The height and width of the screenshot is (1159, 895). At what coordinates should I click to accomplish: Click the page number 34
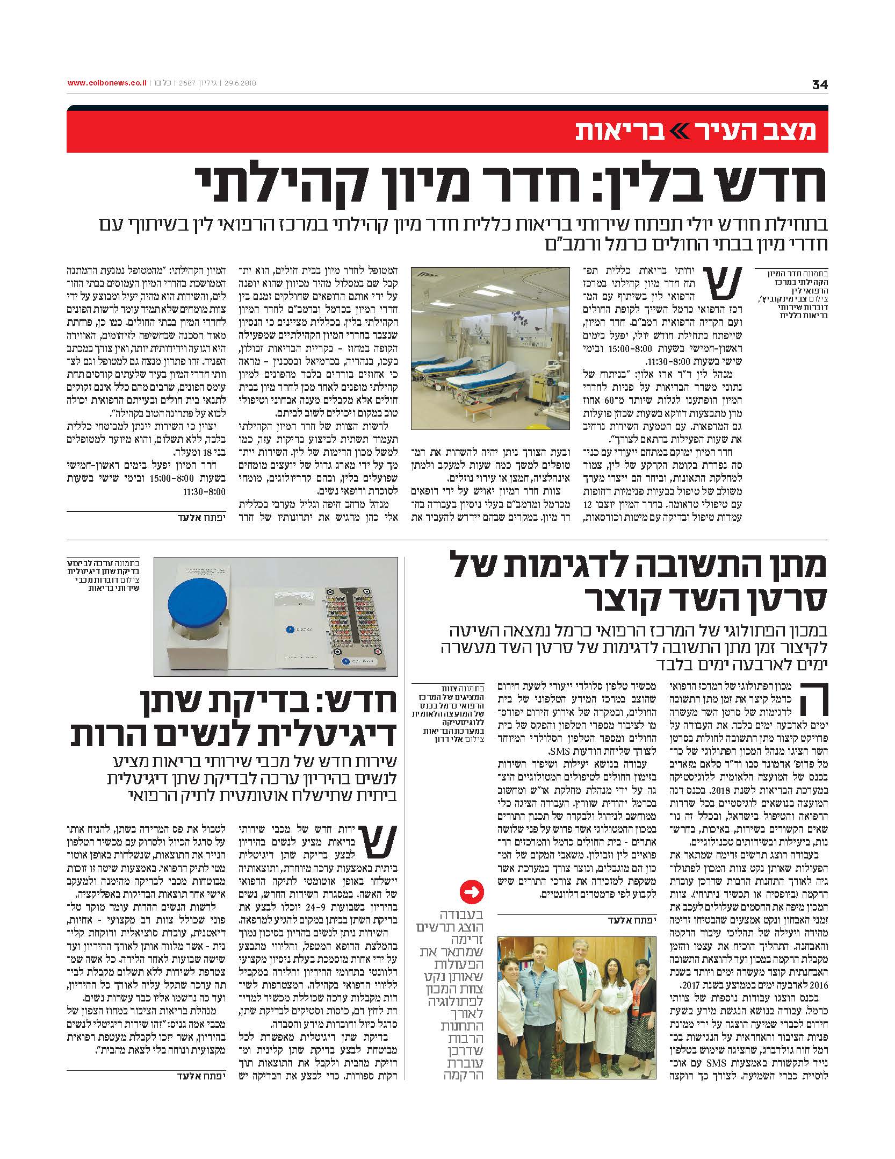(x=819, y=84)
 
